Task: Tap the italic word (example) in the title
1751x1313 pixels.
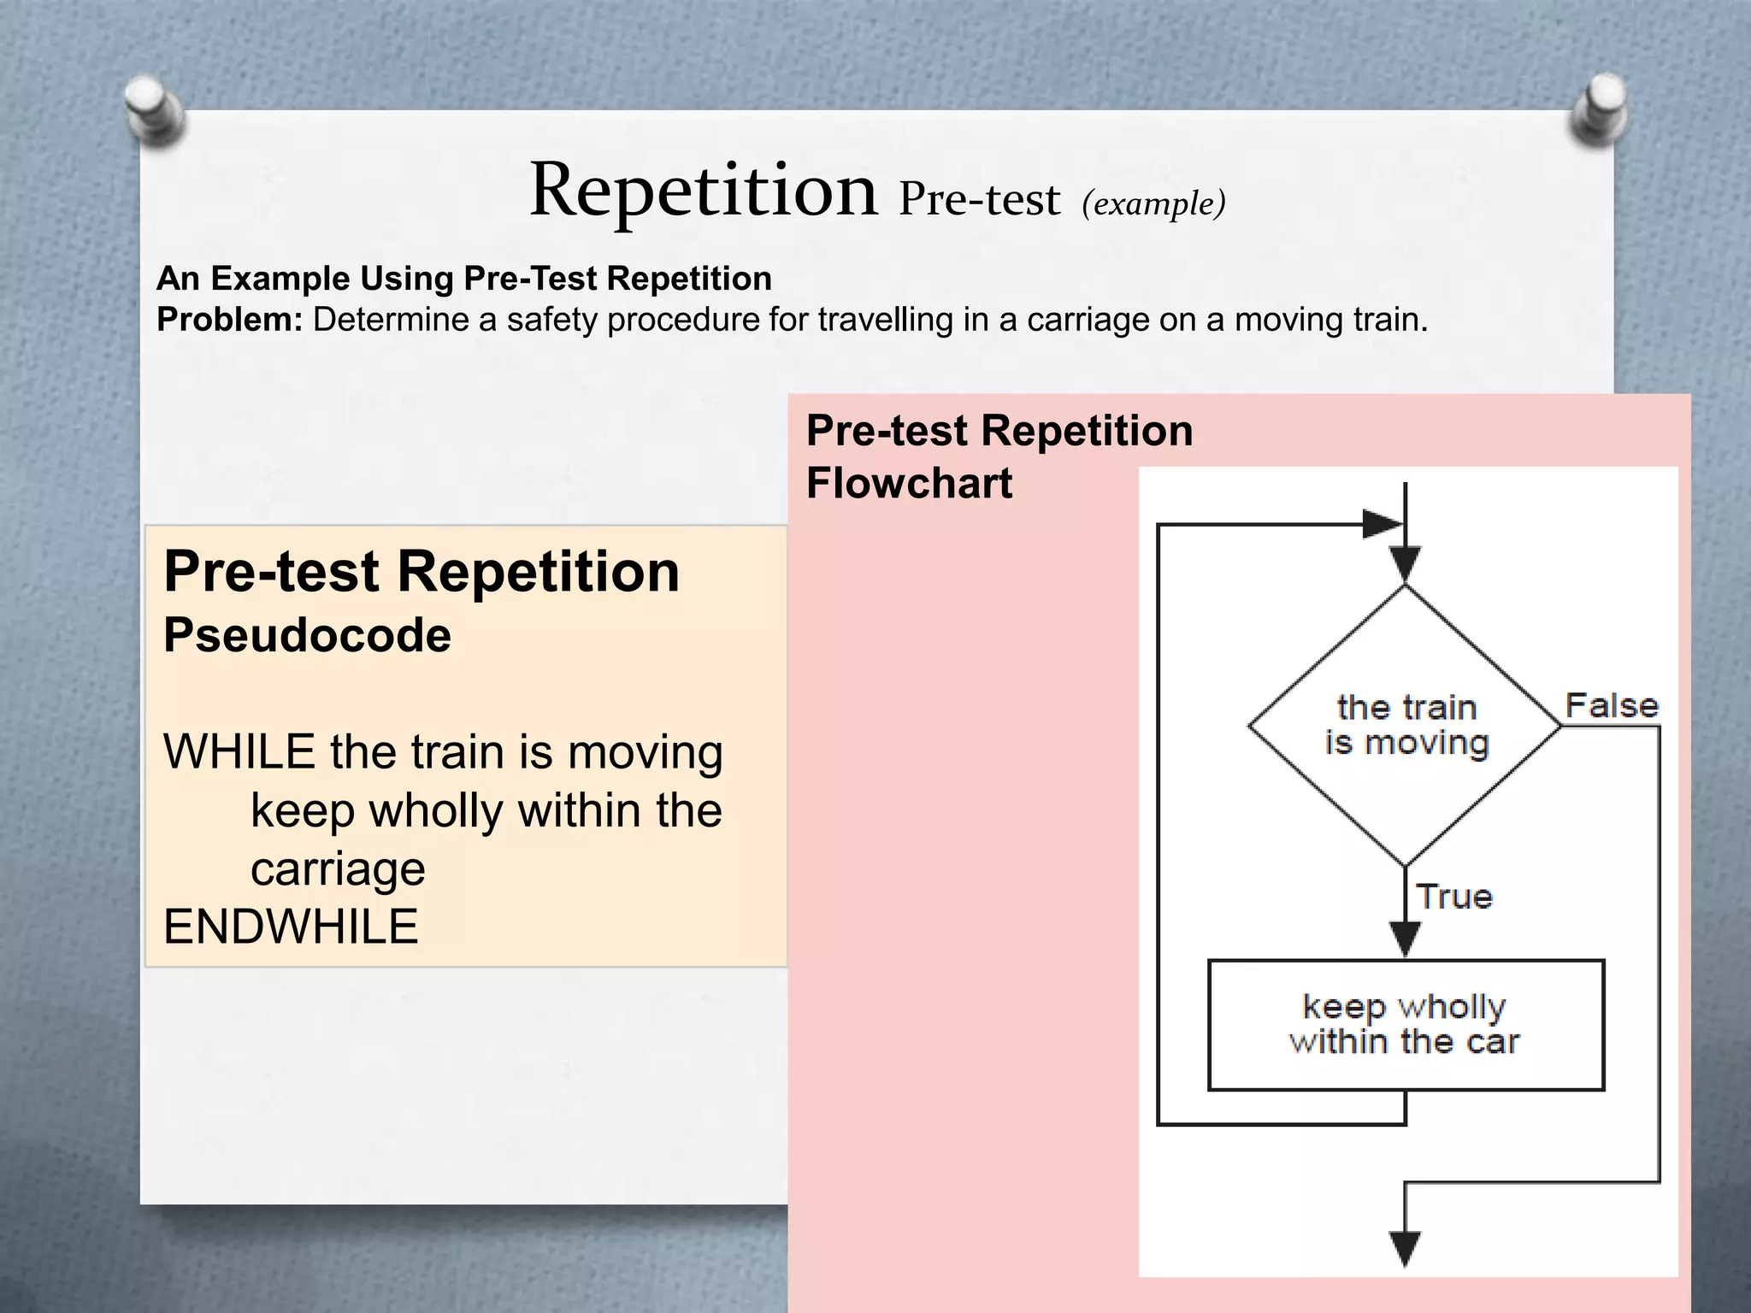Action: click(1153, 204)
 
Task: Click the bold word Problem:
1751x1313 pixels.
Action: click(230, 320)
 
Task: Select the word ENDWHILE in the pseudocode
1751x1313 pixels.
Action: click(291, 927)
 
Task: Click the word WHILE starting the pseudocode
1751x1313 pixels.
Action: click(239, 752)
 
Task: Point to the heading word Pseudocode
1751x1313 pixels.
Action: click(307, 635)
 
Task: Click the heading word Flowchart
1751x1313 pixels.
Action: click(909, 484)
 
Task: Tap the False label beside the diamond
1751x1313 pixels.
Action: click(1612, 706)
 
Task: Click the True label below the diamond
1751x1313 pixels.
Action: click(1454, 897)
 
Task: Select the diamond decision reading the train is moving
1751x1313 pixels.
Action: click(1406, 726)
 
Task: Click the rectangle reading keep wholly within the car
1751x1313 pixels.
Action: click(1406, 1025)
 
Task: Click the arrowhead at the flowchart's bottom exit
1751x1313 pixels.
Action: click(1406, 1247)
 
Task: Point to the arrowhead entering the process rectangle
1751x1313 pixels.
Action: click(1406, 939)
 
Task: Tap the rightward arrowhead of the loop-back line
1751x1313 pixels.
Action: click(1380, 524)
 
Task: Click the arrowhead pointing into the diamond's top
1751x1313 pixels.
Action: click(1406, 565)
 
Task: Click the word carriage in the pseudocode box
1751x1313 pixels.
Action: click(338, 869)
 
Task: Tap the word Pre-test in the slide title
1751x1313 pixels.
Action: click(979, 199)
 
